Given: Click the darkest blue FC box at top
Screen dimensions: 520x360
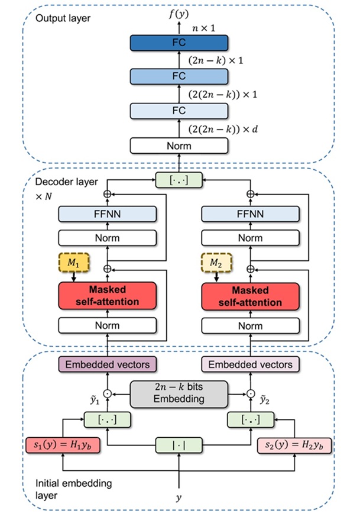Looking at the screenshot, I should [179, 42].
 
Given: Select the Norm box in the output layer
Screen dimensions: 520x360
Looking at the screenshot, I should [179, 146].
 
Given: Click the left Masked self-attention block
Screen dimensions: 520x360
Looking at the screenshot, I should [106, 294].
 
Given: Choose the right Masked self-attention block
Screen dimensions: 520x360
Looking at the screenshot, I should [250, 294].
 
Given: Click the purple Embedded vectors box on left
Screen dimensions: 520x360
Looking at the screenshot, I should [106, 363].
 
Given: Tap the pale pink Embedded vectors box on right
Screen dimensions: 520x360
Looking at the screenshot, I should [250, 363].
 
